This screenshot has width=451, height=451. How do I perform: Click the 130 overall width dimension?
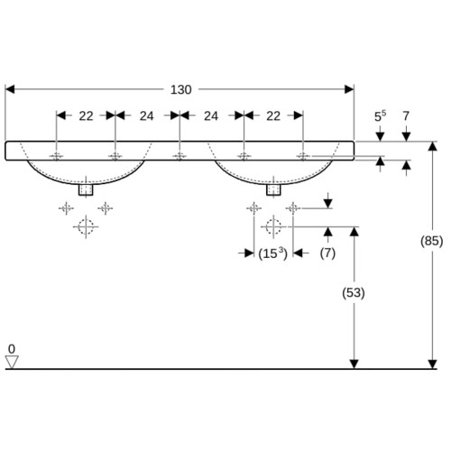[180, 89]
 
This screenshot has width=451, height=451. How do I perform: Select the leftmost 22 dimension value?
[86, 116]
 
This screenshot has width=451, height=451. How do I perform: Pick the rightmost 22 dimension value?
[273, 116]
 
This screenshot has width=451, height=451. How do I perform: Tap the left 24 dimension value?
[147, 116]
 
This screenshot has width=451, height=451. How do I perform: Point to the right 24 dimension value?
[211, 116]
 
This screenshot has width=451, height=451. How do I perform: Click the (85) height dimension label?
[432, 241]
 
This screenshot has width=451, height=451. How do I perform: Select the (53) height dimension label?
[354, 293]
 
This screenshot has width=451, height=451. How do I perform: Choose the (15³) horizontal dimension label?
[273, 253]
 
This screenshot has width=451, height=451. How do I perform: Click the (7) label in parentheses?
[327, 253]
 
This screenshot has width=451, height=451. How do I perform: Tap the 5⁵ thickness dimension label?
[380, 116]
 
